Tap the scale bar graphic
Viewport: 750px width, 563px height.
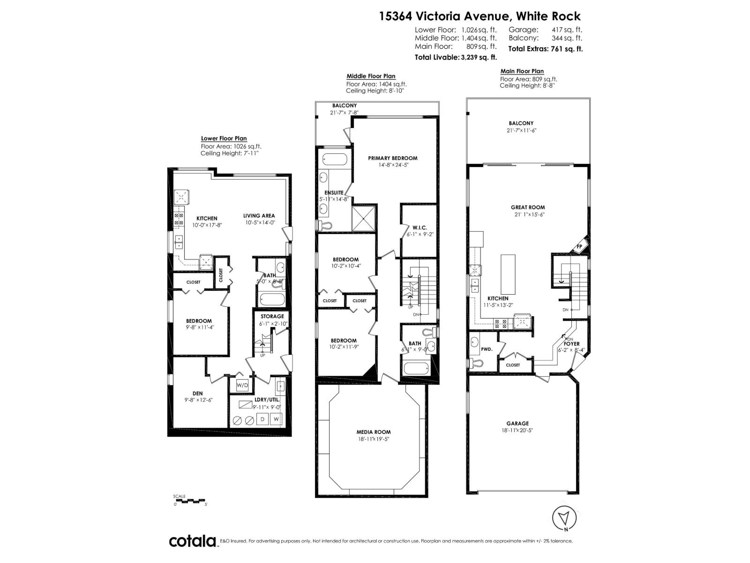tap(189, 501)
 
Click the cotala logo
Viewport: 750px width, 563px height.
tap(192, 541)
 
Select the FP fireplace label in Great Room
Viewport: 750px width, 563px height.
tap(579, 246)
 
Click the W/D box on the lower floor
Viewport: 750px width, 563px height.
tap(242, 386)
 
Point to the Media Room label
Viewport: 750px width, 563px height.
tap(374, 432)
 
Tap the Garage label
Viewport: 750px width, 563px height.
tap(517, 423)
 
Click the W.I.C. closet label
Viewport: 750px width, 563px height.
tap(420, 228)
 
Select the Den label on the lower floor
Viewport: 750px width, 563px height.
tap(197, 393)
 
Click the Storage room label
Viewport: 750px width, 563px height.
tap(272, 316)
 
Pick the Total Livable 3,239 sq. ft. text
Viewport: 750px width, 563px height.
tap(455, 57)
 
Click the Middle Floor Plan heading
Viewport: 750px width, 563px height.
tap(371, 76)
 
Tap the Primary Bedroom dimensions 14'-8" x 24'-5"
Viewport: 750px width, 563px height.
tap(392, 165)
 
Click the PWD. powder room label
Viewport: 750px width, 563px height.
tap(487, 349)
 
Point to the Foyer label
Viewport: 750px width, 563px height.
tap(572, 344)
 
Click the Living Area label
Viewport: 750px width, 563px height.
tap(259, 216)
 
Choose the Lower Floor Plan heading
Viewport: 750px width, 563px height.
tap(224, 138)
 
